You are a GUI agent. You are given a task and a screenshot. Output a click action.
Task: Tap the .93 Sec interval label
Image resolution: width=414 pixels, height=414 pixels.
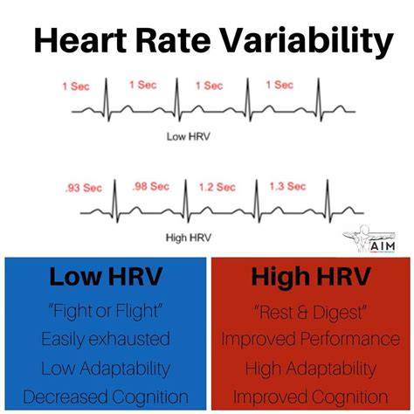point(84,188)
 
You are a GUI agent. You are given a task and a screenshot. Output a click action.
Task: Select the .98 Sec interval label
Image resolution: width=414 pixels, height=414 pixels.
point(151,186)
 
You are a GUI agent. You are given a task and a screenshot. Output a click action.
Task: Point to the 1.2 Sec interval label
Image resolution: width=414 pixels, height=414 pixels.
point(217,187)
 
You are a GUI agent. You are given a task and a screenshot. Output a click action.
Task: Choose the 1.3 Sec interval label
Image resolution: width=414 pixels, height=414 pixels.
point(287,186)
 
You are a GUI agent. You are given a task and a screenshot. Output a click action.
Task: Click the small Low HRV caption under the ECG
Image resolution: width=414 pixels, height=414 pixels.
point(188,136)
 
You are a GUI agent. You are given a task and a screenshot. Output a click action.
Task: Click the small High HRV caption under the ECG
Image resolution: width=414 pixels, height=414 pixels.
point(188,238)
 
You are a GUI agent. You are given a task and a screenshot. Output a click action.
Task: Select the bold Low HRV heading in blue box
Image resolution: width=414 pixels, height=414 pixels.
point(106,276)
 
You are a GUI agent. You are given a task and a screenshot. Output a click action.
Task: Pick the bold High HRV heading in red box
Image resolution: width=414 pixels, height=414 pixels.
point(311,276)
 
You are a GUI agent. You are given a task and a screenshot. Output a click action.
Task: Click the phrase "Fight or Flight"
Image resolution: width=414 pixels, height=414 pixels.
point(106,311)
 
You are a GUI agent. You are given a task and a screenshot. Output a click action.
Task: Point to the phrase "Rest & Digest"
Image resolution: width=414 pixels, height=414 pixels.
point(311,312)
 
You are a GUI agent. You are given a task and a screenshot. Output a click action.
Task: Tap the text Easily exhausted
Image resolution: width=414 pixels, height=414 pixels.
point(106,339)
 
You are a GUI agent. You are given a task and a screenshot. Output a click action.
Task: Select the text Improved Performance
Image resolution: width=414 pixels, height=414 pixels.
point(311,339)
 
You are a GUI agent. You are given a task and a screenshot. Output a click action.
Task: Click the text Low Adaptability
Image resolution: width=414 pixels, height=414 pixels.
point(106,369)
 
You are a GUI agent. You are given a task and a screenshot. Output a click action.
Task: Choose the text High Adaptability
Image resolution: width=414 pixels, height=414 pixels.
point(311,369)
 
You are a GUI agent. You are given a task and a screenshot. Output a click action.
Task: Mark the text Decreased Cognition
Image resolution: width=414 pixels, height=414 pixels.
point(106,397)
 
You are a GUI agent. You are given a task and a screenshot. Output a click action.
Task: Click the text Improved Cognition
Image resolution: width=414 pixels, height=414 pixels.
point(311,397)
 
